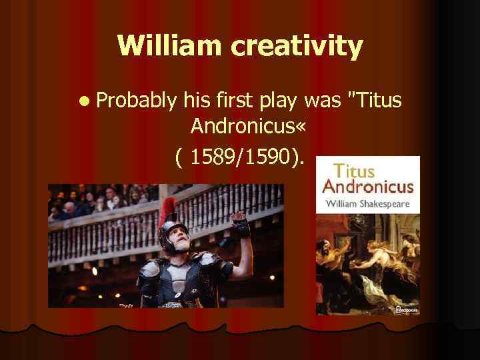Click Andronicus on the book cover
tap(368, 187)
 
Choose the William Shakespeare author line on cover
tap(367, 202)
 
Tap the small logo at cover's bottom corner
tap(404, 309)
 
